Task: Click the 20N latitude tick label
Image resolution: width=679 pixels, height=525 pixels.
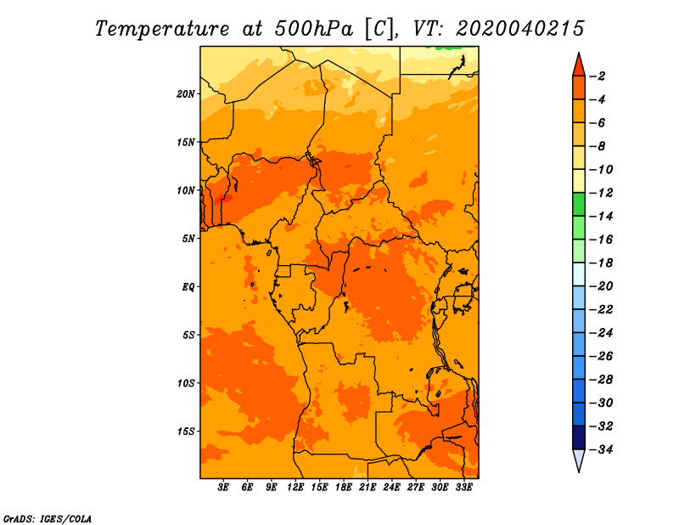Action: [x=186, y=94]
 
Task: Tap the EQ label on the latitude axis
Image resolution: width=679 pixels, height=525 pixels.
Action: [x=188, y=287]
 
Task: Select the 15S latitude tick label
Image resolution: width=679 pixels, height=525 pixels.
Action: [x=186, y=432]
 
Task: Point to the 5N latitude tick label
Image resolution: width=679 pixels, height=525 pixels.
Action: [x=188, y=239]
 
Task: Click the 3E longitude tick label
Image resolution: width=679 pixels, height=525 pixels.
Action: [x=223, y=488]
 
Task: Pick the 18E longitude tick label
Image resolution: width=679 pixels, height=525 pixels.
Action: [x=344, y=488]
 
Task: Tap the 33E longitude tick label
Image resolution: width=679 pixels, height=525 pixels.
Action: [x=463, y=488]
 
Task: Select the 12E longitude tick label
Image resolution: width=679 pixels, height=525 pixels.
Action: [x=295, y=488]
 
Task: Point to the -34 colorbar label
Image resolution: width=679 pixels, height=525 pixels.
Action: [x=601, y=449]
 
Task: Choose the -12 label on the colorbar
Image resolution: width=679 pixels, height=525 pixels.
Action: [x=601, y=193]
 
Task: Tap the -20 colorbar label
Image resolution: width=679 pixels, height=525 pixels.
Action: [x=601, y=286]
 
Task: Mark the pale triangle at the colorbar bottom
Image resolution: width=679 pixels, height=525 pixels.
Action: [x=579, y=459]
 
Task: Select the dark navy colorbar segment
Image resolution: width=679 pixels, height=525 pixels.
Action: [x=579, y=437]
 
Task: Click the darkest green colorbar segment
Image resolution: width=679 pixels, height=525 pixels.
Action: [x=579, y=204]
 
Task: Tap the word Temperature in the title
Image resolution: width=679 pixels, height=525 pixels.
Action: [x=162, y=30]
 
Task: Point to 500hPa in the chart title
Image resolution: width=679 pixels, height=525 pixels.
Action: [x=313, y=29]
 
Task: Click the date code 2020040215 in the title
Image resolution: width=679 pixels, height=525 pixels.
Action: [x=520, y=29]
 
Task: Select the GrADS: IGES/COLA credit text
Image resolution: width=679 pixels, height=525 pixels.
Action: [x=48, y=519]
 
